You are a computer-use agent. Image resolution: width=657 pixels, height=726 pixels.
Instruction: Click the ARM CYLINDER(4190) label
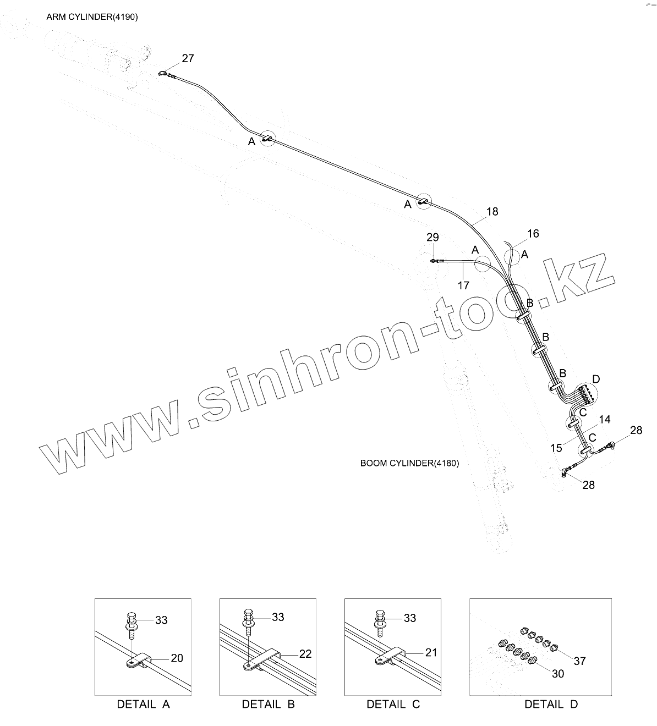point(92,17)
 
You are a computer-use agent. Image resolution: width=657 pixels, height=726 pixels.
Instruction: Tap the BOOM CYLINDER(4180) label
point(409,463)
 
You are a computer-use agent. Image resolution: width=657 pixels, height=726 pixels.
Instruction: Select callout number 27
point(188,58)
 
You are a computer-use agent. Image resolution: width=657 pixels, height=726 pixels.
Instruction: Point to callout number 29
point(432,237)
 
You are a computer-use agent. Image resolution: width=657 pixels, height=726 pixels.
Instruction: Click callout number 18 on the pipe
point(492,211)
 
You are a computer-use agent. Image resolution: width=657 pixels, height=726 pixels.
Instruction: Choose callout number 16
point(533,234)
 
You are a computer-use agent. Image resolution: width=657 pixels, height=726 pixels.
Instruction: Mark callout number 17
point(463,285)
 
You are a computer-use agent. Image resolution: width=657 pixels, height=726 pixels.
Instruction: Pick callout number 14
point(604,420)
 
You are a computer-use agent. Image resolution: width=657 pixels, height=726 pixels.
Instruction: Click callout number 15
point(556,448)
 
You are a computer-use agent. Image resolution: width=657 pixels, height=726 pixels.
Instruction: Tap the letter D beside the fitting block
point(596,379)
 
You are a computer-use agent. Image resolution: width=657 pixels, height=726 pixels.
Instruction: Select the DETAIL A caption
point(143,705)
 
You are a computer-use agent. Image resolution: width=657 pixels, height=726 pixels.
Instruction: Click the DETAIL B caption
point(268,705)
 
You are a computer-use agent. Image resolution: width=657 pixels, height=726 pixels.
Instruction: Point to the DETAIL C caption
point(393,705)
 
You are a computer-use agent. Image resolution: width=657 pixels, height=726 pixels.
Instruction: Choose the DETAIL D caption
point(551,705)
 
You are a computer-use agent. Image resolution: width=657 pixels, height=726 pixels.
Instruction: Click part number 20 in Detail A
point(177,658)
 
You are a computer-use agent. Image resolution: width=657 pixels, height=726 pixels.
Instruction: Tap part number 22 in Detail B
point(305,654)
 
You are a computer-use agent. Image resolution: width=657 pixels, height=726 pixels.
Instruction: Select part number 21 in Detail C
point(431,652)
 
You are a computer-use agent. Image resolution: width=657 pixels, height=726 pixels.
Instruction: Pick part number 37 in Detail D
point(579,661)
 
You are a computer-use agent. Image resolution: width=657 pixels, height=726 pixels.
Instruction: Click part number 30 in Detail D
point(557,674)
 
